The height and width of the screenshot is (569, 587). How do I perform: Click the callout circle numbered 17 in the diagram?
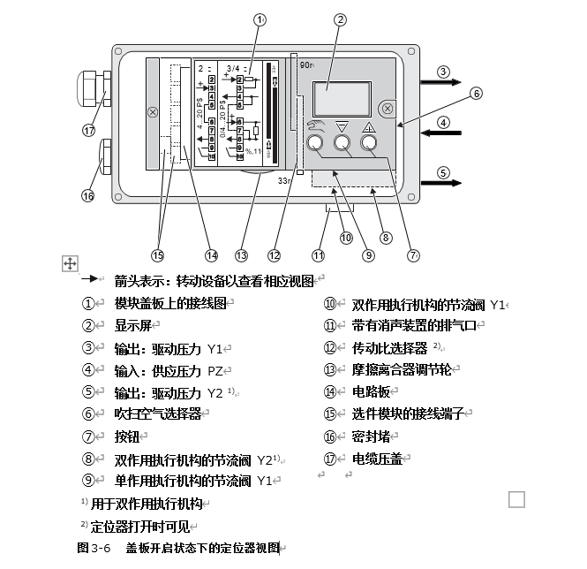tap(88, 130)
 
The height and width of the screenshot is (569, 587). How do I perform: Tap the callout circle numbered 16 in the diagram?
tap(88, 195)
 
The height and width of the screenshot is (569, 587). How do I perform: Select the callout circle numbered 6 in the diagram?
tap(475, 93)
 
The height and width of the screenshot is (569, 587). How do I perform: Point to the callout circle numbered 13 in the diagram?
tap(241, 255)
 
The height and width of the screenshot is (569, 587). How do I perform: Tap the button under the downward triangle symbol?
tap(341, 144)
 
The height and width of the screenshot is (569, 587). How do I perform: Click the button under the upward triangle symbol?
tap(368, 144)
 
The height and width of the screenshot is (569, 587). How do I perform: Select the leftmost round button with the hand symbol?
tap(314, 144)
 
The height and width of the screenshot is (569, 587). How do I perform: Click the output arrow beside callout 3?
tap(438, 82)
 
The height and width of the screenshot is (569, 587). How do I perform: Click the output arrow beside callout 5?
tap(438, 182)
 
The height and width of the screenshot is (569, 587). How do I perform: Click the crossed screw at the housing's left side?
tap(153, 112)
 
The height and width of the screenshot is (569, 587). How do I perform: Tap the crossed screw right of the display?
tap(387, 110)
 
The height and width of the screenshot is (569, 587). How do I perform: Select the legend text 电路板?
tap(371, 391)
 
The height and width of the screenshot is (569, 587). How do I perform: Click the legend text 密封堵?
tap(371, 436)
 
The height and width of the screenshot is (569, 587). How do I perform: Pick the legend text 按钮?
tap(126, 436)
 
